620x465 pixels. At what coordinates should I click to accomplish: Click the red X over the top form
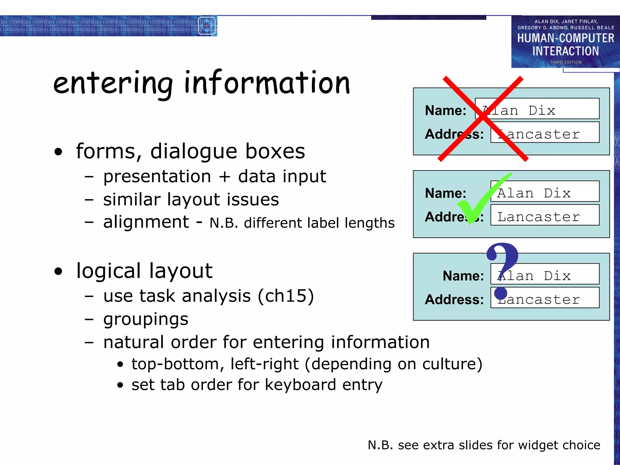483,119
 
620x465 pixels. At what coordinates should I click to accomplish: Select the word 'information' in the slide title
267,82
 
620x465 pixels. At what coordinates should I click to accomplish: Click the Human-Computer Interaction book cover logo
566,42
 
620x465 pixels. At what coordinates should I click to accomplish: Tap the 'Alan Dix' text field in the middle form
545,191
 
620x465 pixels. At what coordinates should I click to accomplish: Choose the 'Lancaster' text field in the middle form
545,215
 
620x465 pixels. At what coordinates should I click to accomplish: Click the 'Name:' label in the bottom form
463,276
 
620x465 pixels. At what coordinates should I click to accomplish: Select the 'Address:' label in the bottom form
454,299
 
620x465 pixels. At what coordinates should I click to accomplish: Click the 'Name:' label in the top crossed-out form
445,110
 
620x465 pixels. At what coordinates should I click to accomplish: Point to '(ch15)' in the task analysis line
286,296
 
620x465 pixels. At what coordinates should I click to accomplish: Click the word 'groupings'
146,319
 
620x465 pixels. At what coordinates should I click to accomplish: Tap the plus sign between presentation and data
224,177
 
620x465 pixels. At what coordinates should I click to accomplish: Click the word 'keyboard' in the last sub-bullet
300,385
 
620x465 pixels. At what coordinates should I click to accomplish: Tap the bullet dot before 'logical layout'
58,271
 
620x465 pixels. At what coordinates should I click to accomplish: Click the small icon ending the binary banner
207,26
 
